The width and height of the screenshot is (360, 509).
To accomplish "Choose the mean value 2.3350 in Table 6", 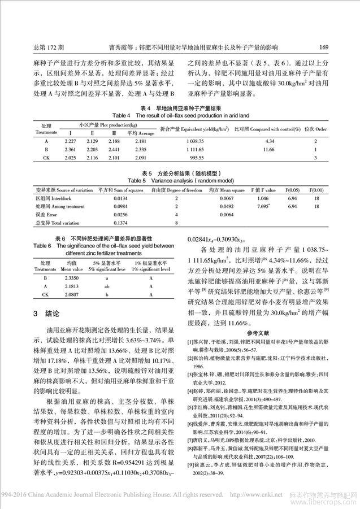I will pyautogui.click(x=72, y=278).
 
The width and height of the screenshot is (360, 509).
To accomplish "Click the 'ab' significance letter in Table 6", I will pyautogui.click(x=106, y=286).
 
